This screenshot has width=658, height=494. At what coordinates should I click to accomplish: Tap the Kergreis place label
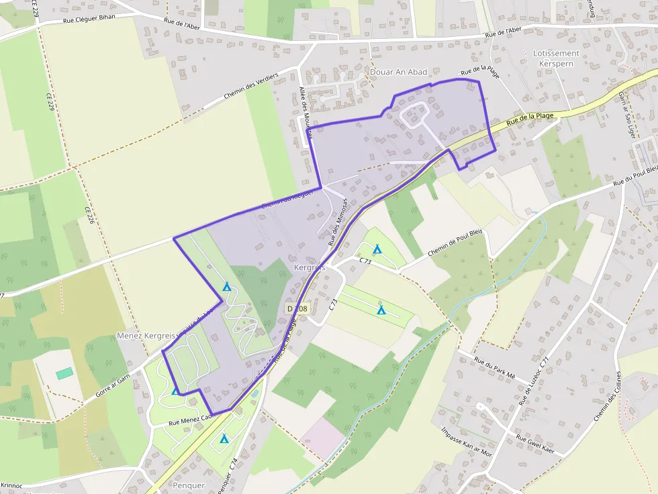(x=310, y=267)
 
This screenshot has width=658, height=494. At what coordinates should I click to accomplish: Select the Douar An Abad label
(x=399, y=72)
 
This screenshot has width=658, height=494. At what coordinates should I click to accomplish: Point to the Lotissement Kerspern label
(x=555, y=58)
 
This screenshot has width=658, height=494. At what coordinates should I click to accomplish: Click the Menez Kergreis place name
(x=146, y=335)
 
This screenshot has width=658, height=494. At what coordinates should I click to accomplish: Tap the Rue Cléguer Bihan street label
(x=89, y=18)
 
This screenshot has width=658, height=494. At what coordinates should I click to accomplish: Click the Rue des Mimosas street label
(x=338, y=221)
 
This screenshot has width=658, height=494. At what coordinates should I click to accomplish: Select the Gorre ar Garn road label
(x=112, y=386)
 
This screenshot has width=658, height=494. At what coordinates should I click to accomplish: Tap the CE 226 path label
(x=88, y=219)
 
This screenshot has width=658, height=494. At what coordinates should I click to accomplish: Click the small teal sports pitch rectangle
(x=64, y=373)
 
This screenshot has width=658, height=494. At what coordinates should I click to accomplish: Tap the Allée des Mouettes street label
(x=305, y=114)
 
